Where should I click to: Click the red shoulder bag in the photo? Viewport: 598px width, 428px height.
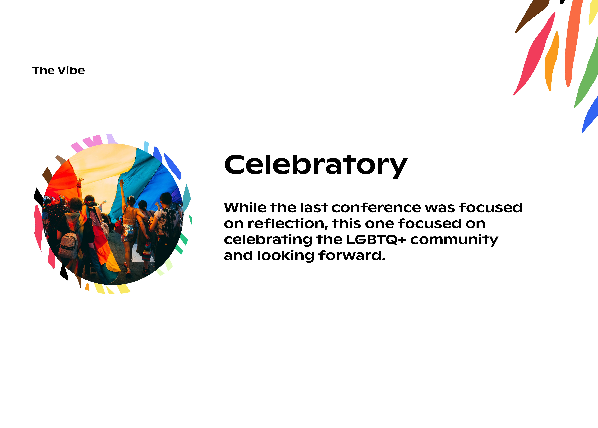(x=119, y=226)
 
